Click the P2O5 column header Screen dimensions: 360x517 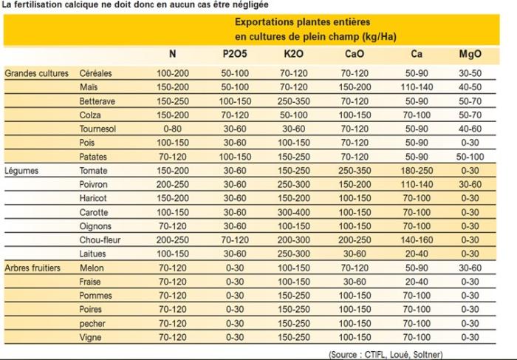(x=236, y=54)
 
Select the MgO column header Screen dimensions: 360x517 (x=470, y=54)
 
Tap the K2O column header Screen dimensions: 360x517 (x=295, y=54)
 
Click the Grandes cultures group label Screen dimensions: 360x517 (x=37, y=73)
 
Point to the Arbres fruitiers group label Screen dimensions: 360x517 (x=35, y=268)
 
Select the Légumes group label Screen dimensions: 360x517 (x=23, y=170)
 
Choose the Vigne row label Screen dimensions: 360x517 (x=90, y=337)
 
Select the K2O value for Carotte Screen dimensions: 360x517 (x=295, y=212)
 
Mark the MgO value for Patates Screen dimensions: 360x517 (x=470, y=157)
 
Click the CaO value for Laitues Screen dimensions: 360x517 (x=355, y=254)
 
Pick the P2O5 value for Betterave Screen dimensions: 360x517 (x=236, y=101)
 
